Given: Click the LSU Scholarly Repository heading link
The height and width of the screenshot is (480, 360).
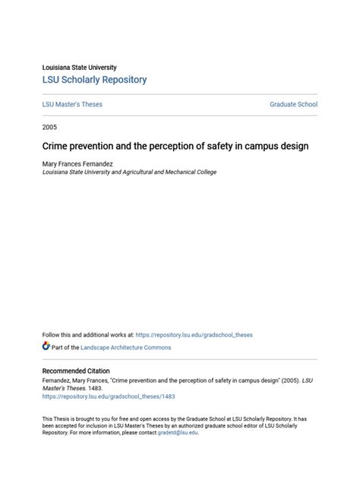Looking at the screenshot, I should (x=94, y=80).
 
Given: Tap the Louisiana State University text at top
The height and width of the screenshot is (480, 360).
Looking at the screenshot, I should (x=79, y=68).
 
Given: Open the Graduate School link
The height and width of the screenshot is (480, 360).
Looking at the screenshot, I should (x=293, y=104).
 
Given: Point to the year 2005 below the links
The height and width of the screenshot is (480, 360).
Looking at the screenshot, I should (x=49, y=127).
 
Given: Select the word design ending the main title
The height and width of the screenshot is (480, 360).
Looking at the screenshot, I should (x=292, y=146).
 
